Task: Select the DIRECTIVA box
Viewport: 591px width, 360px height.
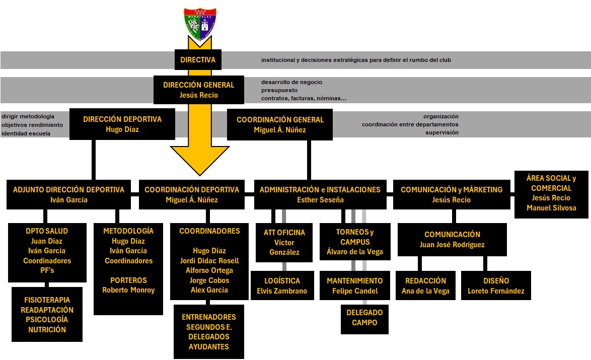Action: [198, 60]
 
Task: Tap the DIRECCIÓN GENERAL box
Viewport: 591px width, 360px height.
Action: [198, 90]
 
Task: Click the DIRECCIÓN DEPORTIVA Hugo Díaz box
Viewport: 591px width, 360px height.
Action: [122, 124]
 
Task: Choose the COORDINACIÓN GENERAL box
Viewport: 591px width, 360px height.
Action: [280, 124]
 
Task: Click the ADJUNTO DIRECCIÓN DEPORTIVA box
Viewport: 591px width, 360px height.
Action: [68, 194]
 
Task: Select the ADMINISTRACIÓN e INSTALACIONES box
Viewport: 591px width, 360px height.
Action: [320, 194]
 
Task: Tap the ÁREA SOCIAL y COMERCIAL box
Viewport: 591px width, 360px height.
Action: [551, 193]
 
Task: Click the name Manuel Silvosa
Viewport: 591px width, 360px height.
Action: [551, 208]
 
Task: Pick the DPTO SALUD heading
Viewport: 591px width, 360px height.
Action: [47, 231]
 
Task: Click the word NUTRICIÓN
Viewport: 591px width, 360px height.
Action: [47, 330]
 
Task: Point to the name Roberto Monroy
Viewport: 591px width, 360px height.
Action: [128, 290]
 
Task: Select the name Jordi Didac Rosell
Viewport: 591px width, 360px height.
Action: [209, 260]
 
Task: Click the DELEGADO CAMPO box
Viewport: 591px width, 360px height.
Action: [364, 317]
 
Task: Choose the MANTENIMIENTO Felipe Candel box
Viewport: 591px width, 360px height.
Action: [354, 285]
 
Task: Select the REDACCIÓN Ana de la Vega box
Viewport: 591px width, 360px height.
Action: [425, 285]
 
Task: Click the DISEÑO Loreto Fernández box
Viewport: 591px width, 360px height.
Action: [496, 285]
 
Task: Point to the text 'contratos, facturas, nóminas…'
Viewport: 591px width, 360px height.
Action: [304, 99]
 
